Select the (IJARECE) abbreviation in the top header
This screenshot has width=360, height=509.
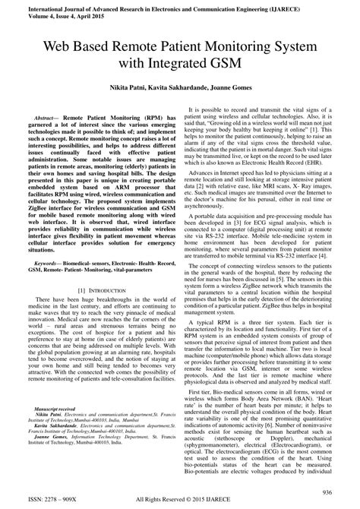(321, 5)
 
